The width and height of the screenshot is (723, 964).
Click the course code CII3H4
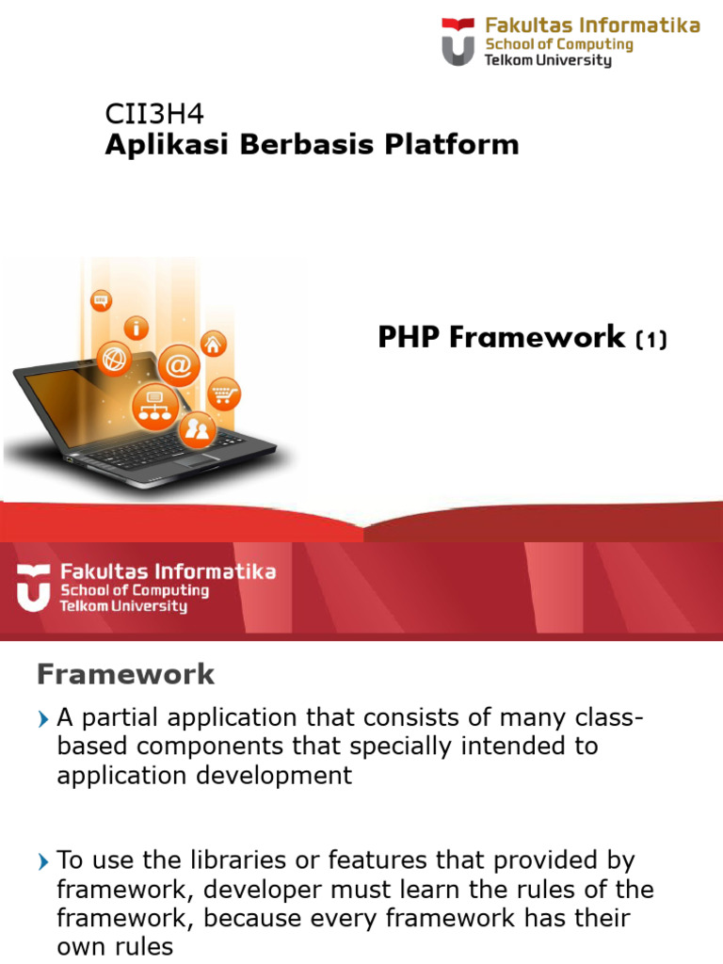[x=153, y=115]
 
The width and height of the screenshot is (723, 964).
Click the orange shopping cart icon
[x=223, y=392]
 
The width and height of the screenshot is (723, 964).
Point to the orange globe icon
[x=116, y=359]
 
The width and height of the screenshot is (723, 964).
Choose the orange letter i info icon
[x=138, y=328]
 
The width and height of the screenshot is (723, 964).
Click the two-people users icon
[x=198, y=430]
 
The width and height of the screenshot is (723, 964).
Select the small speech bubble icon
[x=101, y=300]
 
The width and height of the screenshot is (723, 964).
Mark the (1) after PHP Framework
[x=651, y=339]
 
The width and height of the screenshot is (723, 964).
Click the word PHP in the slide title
[x=410, y=337]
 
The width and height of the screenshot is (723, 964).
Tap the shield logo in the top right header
[x=458, y=41]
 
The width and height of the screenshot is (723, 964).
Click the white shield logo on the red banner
[x=33, y=587]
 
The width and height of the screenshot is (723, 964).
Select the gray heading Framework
[x=125, y=674]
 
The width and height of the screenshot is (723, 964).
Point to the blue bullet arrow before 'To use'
[x=43, y=861]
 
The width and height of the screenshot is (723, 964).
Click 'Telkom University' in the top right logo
[x=547, y=60]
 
